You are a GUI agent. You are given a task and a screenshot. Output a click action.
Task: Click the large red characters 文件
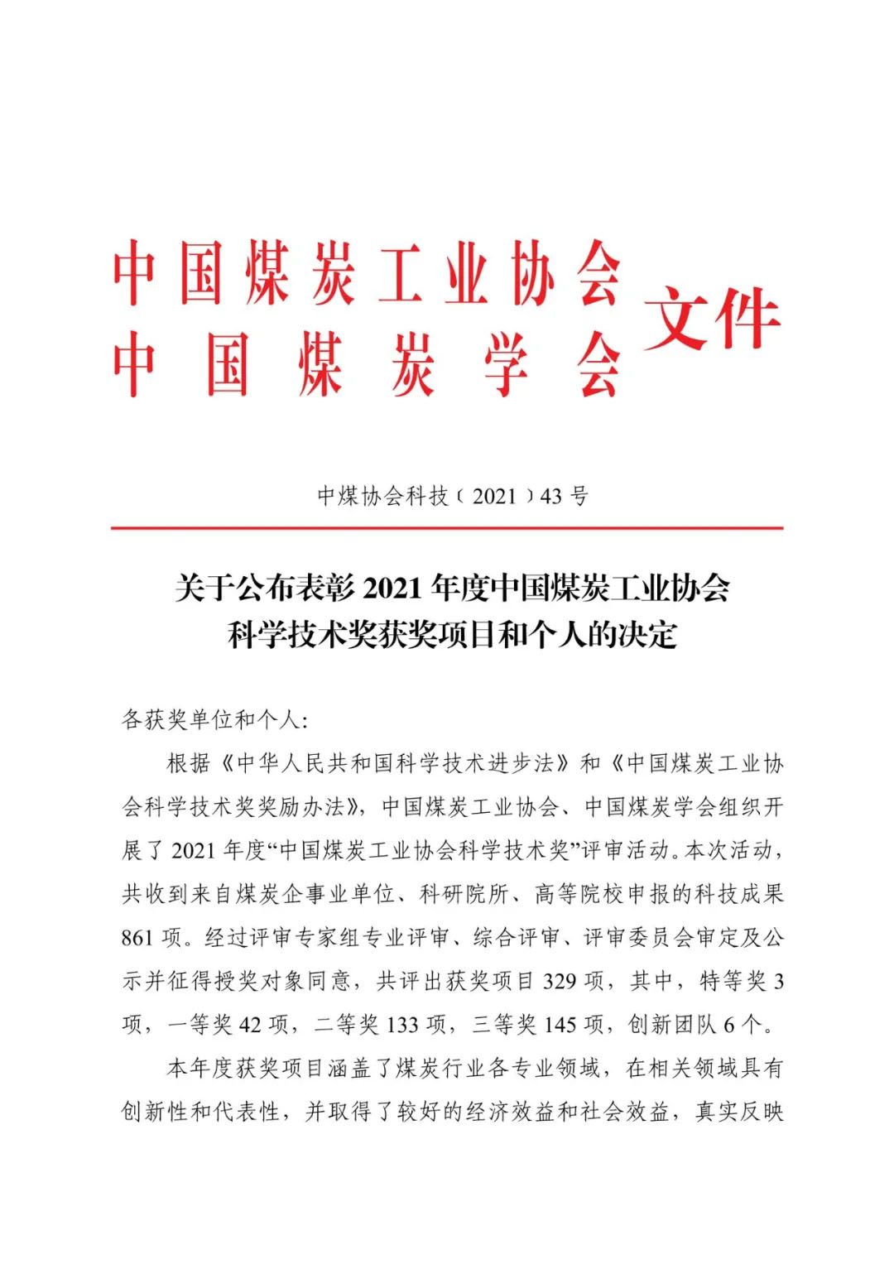coord(712,319)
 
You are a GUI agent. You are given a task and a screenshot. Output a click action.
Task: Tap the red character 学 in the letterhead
coord(506,364)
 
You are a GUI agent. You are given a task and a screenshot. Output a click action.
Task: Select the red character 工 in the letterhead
coord(401,273)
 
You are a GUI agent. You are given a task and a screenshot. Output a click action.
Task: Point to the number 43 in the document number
coord(550,496)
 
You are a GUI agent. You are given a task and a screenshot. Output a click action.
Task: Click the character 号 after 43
coord(579,496)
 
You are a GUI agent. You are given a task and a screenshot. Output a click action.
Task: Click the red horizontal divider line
coord(447,527)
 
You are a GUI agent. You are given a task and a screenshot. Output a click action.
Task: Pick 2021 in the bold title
coord(392,589)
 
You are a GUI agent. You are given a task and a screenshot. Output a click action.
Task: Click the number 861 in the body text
coord(137,938)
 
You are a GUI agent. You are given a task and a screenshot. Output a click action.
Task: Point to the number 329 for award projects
coord(560,982)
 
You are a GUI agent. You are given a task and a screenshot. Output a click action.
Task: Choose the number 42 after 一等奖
coord(250,1025)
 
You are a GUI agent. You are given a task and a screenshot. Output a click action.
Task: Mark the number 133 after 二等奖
coord(402,1025)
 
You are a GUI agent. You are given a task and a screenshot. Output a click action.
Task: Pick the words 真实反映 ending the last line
coord(739,1112)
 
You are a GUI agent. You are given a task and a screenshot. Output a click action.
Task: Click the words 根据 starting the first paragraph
coord(190,763)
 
